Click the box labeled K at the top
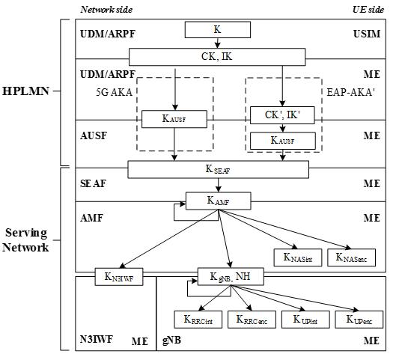click(218, 31)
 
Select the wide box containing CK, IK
click(218, 57)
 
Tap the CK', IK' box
click(282, 116)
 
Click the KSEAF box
click(218, 170)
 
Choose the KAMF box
click(218, 201)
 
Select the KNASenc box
click(351, 258)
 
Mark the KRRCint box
click(198, 320)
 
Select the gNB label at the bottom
click(172, 340)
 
